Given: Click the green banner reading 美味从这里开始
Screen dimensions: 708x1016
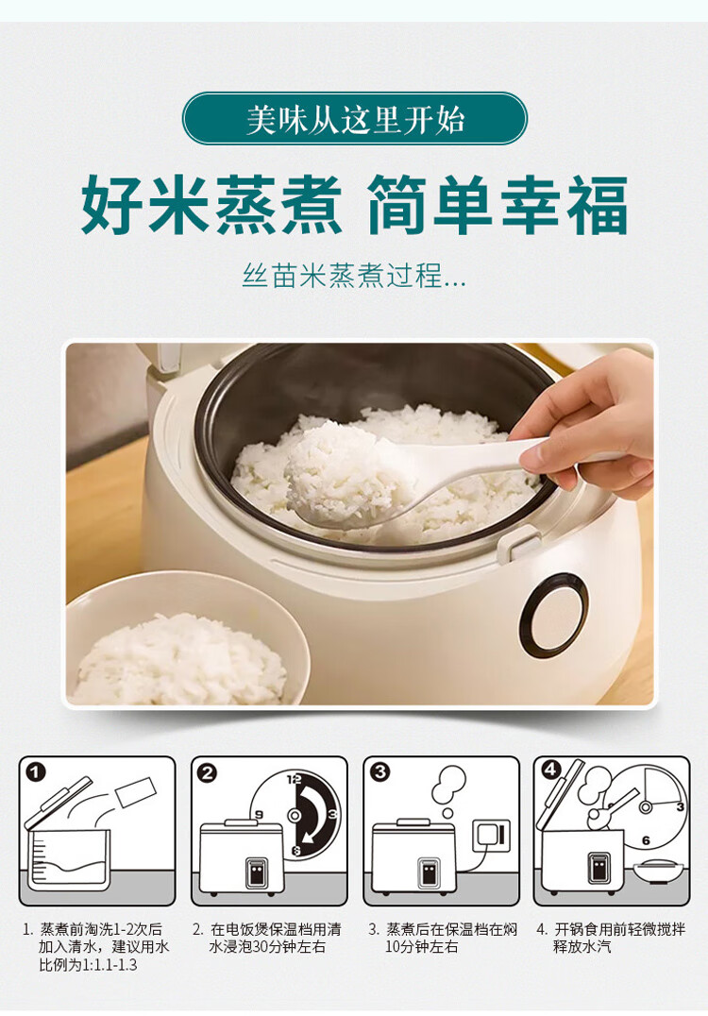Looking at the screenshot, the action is [x=354, y=119].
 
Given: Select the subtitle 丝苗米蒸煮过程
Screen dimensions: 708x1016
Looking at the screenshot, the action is [x=346, y=276].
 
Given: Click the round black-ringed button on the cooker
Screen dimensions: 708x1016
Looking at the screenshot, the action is [x=554, y=612].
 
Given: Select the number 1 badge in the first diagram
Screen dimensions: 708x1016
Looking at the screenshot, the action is [x=36, y=771].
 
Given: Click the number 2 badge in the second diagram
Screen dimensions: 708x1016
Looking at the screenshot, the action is [x=208, y=772].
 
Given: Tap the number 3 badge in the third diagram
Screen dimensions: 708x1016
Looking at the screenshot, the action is [x=379, y=771].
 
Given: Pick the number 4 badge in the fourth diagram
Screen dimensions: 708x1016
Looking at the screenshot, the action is [x=550, y=770].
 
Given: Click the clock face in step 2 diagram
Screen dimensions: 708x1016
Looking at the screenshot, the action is [x=295, y=815].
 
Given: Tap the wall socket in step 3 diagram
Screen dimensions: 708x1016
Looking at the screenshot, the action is [x=492, y=836].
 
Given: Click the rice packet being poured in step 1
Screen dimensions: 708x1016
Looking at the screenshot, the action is [x=135, y=792].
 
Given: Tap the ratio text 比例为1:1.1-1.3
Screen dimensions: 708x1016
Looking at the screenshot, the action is [x=88, y=965].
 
